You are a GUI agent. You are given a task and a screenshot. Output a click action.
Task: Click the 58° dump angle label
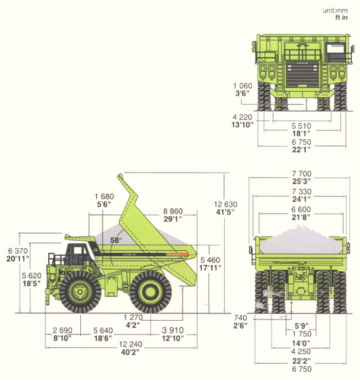click(x=115, y=240)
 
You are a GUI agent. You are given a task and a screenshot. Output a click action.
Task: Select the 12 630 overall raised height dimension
click(x=226, y=205)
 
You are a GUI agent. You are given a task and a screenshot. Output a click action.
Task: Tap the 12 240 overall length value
click(x=130, y=344)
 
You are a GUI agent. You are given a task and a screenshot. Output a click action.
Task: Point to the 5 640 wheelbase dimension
click(x=103, y=330)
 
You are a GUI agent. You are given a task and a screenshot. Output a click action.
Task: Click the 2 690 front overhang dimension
click(x=62, y=330)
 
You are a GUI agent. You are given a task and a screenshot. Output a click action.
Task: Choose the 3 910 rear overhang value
click(x=173, y=330)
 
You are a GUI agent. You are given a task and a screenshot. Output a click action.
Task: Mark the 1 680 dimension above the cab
click(x=104, y=196)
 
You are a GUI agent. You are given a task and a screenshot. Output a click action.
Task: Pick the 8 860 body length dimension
click(x=173, y=211)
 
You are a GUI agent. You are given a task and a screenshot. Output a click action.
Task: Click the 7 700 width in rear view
click(x=302, y=173)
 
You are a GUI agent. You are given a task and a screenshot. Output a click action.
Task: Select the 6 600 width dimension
click(x=301, y=209)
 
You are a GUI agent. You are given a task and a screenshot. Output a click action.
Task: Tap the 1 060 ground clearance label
click(x=242, y=86)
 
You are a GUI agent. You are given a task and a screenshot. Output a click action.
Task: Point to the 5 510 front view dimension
click(x=301, y=126)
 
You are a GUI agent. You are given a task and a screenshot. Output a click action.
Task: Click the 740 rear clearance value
click(x=240, y=317)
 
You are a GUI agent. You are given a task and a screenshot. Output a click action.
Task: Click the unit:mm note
click(x=335, y=10)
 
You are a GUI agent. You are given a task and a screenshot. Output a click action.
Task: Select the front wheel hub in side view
click(x=80, y=292)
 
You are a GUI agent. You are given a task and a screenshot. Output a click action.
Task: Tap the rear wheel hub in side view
click(x=151, y=291)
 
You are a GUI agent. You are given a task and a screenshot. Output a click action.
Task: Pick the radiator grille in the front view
click(x=302, y=74)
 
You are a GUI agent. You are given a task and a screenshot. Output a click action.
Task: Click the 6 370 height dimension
click(x=18, y=251)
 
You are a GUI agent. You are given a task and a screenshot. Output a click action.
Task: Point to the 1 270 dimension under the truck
click(x=133, y=317)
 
